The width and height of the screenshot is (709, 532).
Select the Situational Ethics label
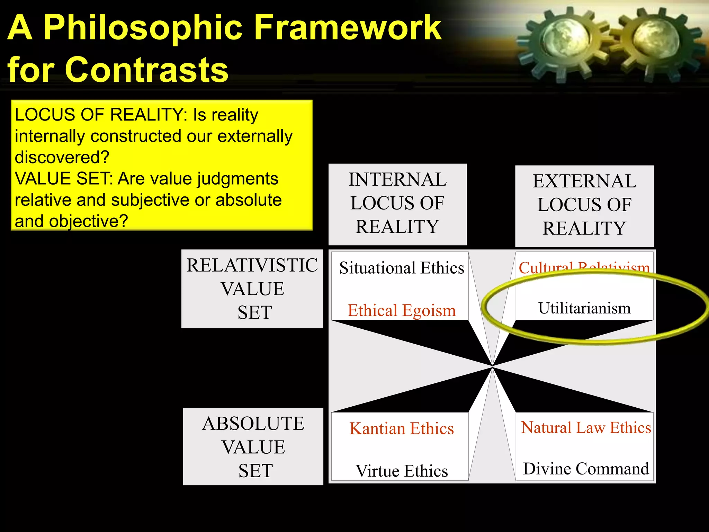pyautogui.click(x=402, y=268)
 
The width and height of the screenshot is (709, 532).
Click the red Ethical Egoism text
pyautogui.click(x=402, y=310)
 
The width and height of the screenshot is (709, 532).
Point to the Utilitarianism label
pyautogui.click(x=584, y=308)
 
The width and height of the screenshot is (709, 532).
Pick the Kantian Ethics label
pyautogui.click(x=402, y=429)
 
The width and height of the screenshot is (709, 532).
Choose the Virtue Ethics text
pyautogui.click(x=402, y=471)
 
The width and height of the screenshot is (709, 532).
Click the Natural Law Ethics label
pyautogui.click(x=586, y=428)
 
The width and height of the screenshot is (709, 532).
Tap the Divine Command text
pyautogui.click(x=586, y=469)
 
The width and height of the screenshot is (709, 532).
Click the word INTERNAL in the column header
pyautogui.click(x=397, y=180)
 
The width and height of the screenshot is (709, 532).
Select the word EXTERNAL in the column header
pyautogui.click(x=584, y=181)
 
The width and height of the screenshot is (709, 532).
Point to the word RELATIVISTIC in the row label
pyautogui.click(x=252, y=266)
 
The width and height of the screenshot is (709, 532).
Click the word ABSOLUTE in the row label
pyautogui.click(x=253, y=424)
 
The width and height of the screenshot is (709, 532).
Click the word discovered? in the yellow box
pyautogui.click(x=62, y=157)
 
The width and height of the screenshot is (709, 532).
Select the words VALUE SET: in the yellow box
pyautogui.click(x=64, y=179)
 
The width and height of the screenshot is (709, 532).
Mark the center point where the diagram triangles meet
pyautogui.click(x=492, y=366)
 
